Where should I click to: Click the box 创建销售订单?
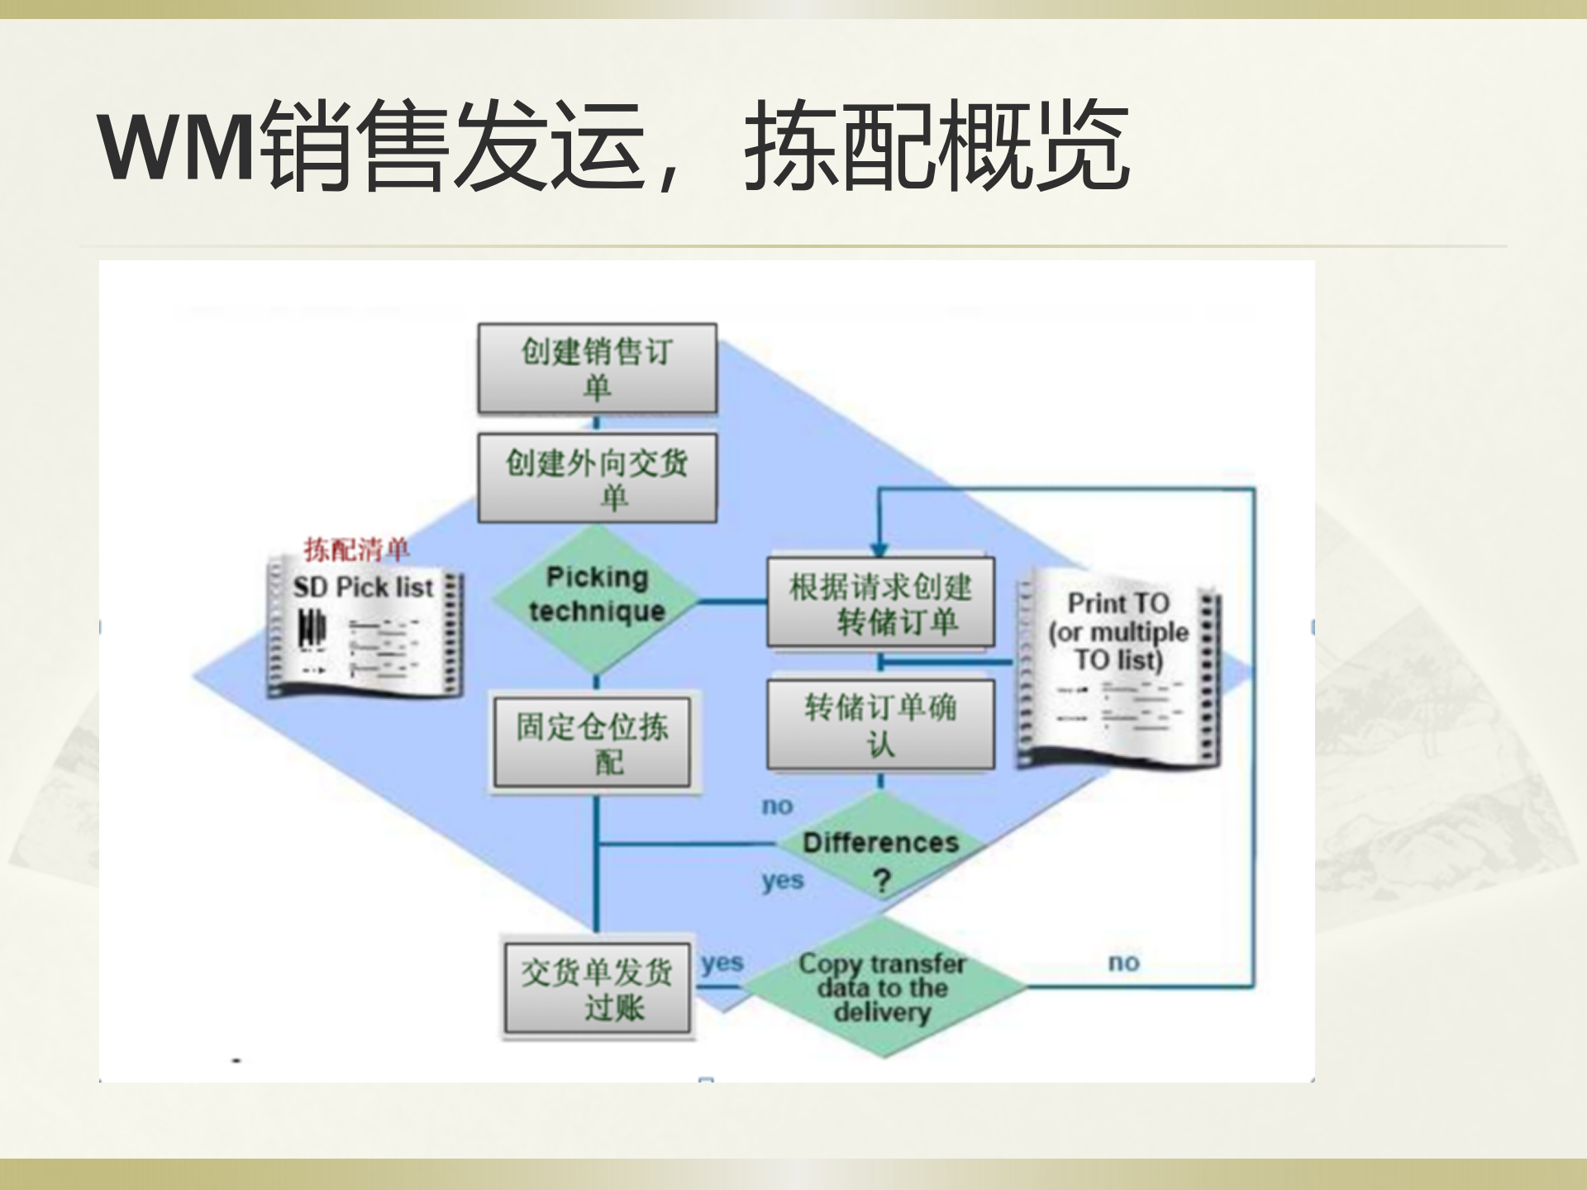pos(597,369)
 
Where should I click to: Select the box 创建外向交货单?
pos(597,478)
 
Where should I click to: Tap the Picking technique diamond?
pos(597,595)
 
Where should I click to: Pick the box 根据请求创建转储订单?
pos(880,602)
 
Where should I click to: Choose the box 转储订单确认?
pos(880,725)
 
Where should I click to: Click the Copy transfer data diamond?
pos(882,987)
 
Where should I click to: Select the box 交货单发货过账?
pos(597,988)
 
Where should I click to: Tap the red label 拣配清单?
pos(356,549)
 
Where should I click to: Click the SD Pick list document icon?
pos(364,632)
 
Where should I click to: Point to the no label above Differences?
pos(777,806)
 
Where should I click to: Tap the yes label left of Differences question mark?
pos(782,881)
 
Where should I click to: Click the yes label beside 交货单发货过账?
pos(722,963)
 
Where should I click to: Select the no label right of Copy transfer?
pos(1123,962)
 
